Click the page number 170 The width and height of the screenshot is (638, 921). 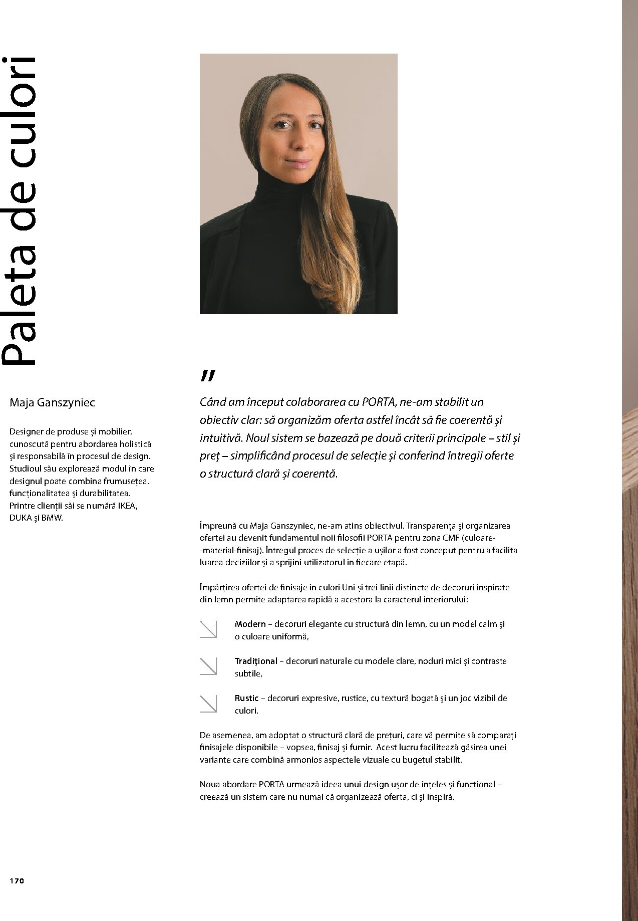point(17,881)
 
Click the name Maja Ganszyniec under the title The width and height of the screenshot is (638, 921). point(52,402)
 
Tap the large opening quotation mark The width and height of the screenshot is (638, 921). point(208,376)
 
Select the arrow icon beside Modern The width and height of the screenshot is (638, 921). point(208,629)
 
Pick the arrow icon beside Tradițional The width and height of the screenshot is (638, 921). point(208,666)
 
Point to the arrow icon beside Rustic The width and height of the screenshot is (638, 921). point(208,704)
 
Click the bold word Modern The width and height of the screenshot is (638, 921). point(250,624)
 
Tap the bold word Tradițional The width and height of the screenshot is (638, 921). point(255,661)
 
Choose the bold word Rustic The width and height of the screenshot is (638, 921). point(246,698)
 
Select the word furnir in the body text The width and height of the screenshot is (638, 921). point(360,747)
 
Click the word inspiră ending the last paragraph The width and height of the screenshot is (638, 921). point(439,797)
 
